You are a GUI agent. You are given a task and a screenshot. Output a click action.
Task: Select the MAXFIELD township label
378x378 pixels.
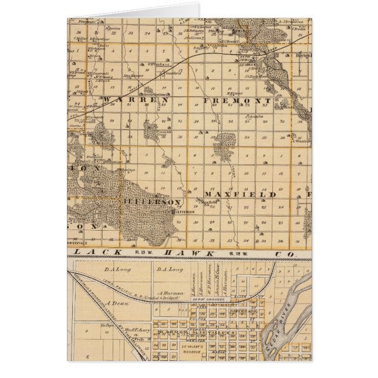240,194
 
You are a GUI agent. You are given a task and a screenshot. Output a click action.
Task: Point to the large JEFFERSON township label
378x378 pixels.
150,201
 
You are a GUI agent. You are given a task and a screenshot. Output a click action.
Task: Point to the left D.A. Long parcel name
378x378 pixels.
116,270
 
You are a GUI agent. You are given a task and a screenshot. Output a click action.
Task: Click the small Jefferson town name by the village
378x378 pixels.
183,212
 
